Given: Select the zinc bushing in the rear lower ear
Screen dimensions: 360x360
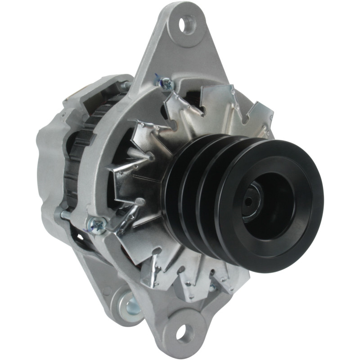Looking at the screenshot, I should (132, 306).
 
